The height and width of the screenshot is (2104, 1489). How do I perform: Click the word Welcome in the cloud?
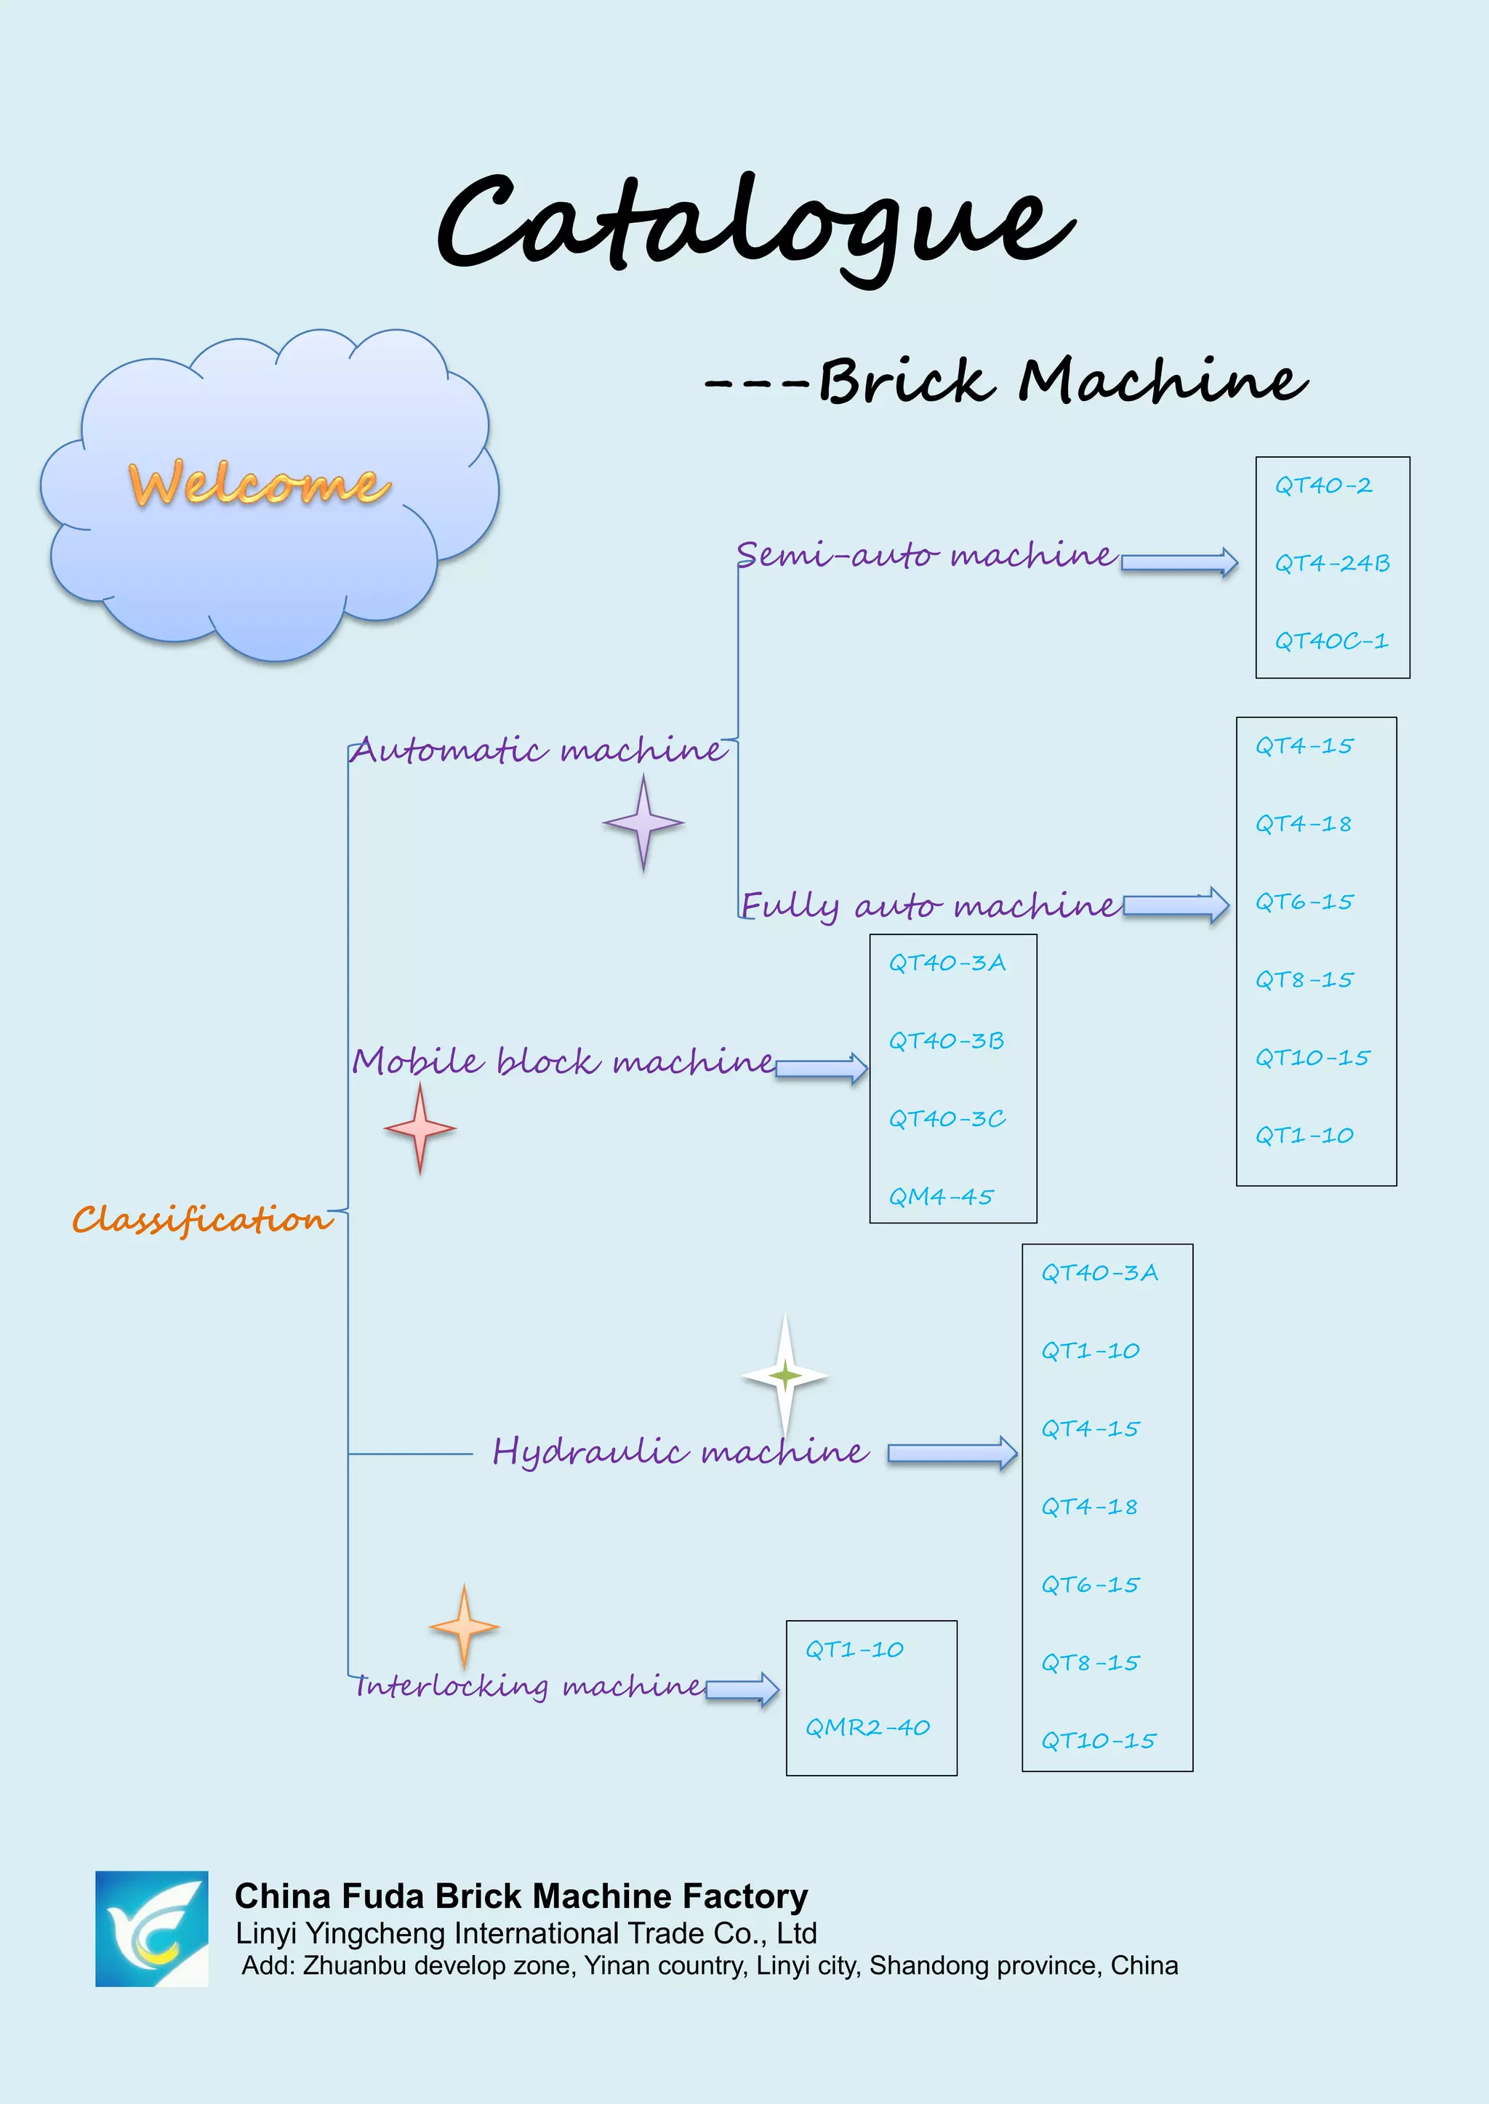259,484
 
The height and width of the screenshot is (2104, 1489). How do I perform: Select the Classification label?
201,1219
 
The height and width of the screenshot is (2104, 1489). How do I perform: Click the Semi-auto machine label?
926,554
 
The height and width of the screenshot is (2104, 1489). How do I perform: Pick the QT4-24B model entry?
1331,562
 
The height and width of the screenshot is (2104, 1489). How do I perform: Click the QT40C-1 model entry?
1331,641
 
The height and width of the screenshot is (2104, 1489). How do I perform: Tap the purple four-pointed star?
643,823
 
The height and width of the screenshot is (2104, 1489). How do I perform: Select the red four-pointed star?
420,1128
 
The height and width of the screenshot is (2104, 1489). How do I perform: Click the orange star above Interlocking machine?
464,1627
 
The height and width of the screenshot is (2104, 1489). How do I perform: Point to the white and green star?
784,1375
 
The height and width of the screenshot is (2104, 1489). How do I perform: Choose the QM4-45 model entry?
941,1197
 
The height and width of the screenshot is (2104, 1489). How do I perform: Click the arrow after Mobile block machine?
821,1067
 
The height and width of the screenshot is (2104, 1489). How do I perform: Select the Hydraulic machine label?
679,1452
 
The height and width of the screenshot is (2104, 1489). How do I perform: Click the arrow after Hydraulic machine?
952,1452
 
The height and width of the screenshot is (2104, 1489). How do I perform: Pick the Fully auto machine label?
930,905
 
